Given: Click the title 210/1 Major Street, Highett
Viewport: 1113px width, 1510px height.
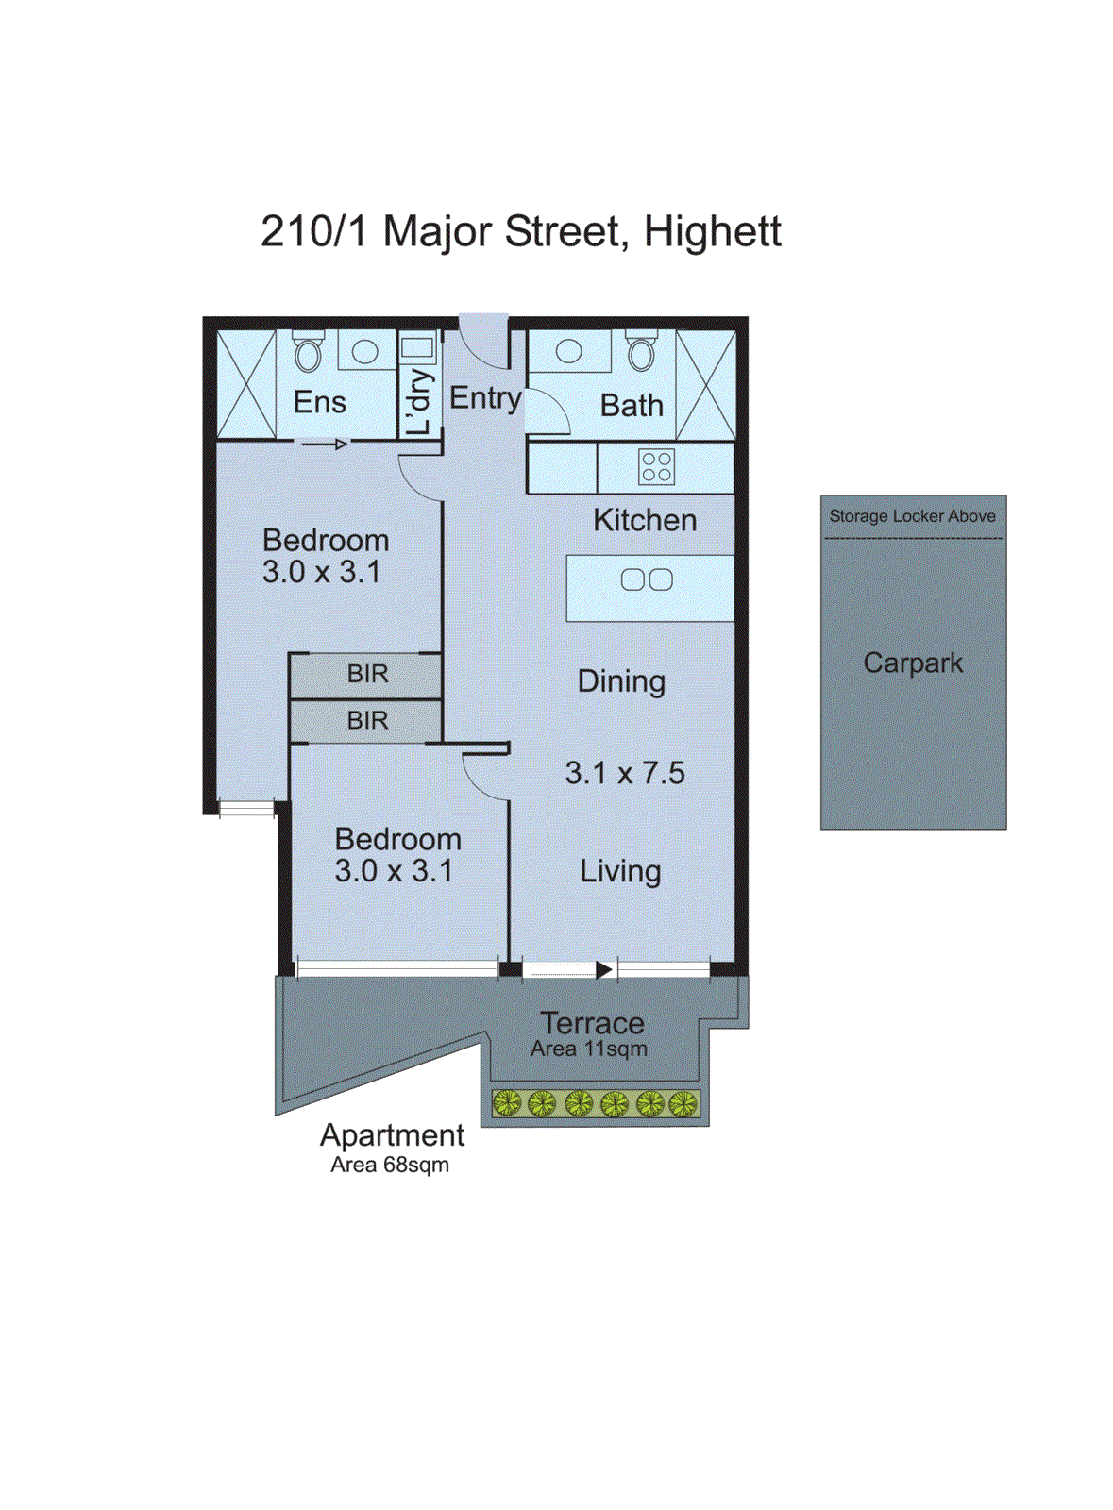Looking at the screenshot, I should (520, 232).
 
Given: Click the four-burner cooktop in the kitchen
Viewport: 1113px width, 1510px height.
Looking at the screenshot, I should (656, 466).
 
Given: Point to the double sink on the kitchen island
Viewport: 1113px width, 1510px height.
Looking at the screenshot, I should (647, 579).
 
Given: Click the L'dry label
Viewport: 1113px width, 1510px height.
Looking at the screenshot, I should (419, 401).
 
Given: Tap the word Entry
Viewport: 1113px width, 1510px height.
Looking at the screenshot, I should (484, 398).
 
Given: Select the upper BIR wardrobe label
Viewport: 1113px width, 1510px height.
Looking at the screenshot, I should (367, 674).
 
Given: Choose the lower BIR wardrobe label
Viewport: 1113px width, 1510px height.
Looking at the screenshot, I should (367, 720).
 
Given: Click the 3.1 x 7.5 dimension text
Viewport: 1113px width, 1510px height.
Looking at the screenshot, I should (625, 773).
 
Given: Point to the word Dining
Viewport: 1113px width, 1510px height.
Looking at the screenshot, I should (621, 681).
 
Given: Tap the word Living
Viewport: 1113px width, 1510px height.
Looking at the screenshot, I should (620, 871).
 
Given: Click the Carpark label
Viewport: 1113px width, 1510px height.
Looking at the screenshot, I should (913, 663).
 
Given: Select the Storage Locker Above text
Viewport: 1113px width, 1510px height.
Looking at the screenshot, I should (912, 516).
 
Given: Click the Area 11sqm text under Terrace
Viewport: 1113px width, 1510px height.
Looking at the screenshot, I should (589, 1049).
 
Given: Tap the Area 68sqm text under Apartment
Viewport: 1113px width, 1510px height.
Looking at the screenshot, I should (390, 1165).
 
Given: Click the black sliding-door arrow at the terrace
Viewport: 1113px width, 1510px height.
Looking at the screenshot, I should (604, 969).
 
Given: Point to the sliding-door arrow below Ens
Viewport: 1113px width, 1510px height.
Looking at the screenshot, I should (326, 444).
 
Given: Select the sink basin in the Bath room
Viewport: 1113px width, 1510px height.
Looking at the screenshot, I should (569, 352).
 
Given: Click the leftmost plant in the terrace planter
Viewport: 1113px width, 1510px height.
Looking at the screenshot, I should (507, 1102).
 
